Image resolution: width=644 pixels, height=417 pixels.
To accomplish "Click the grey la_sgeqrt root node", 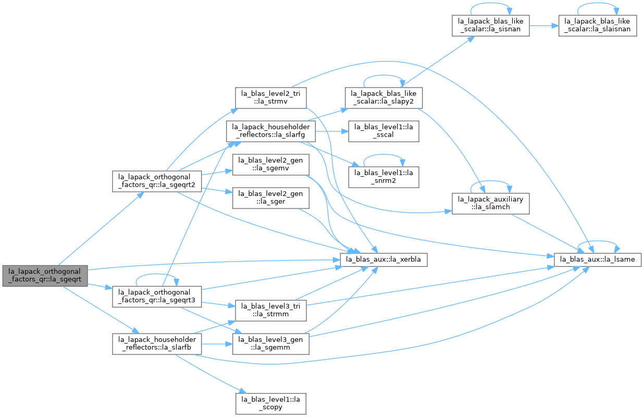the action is pos(45,276).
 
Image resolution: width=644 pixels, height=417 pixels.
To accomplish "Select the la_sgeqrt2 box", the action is pos(157,181).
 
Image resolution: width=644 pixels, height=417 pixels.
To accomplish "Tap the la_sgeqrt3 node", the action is pos(157,297).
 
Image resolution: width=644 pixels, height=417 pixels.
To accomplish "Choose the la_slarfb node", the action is pos(157,344).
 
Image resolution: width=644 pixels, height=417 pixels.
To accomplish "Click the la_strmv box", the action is pos(271,98).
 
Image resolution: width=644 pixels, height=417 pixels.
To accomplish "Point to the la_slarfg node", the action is pos(271,131).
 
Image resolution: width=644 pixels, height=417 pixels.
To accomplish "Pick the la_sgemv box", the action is pos(271,165).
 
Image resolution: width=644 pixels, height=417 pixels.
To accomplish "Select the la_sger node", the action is pos(271,198).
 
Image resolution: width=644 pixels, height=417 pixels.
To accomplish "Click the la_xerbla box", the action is pos(383,260).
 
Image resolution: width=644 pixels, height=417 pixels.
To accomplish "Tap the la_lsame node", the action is pos(598,260).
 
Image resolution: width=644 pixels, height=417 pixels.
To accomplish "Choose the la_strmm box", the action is pos(271,311).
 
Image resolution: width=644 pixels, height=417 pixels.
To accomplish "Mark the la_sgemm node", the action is pos(271,344).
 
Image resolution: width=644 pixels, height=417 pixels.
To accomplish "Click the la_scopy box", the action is pos(271,404).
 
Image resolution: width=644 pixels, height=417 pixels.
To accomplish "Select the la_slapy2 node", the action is pos(383,98).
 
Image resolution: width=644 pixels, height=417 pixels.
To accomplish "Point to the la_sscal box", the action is pos(383,131).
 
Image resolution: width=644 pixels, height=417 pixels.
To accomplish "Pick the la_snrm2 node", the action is pos(383,177).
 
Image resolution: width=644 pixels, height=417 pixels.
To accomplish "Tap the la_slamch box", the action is pos(490,204).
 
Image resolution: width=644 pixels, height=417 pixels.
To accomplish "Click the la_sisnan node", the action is pos(490,26).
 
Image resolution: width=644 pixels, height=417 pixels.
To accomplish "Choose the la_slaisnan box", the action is pos(598,26).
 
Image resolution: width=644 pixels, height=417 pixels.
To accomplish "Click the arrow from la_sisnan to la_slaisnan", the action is pos(544,26).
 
